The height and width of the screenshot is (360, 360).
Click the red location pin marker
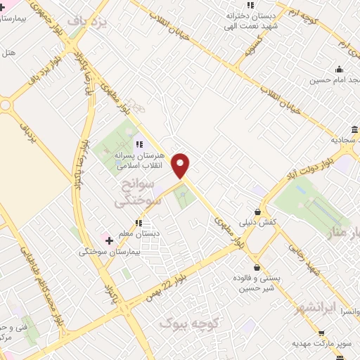point(181,166)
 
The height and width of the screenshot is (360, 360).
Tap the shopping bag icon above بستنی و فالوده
point(257,267)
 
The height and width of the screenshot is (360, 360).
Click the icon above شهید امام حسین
point(340,69)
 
